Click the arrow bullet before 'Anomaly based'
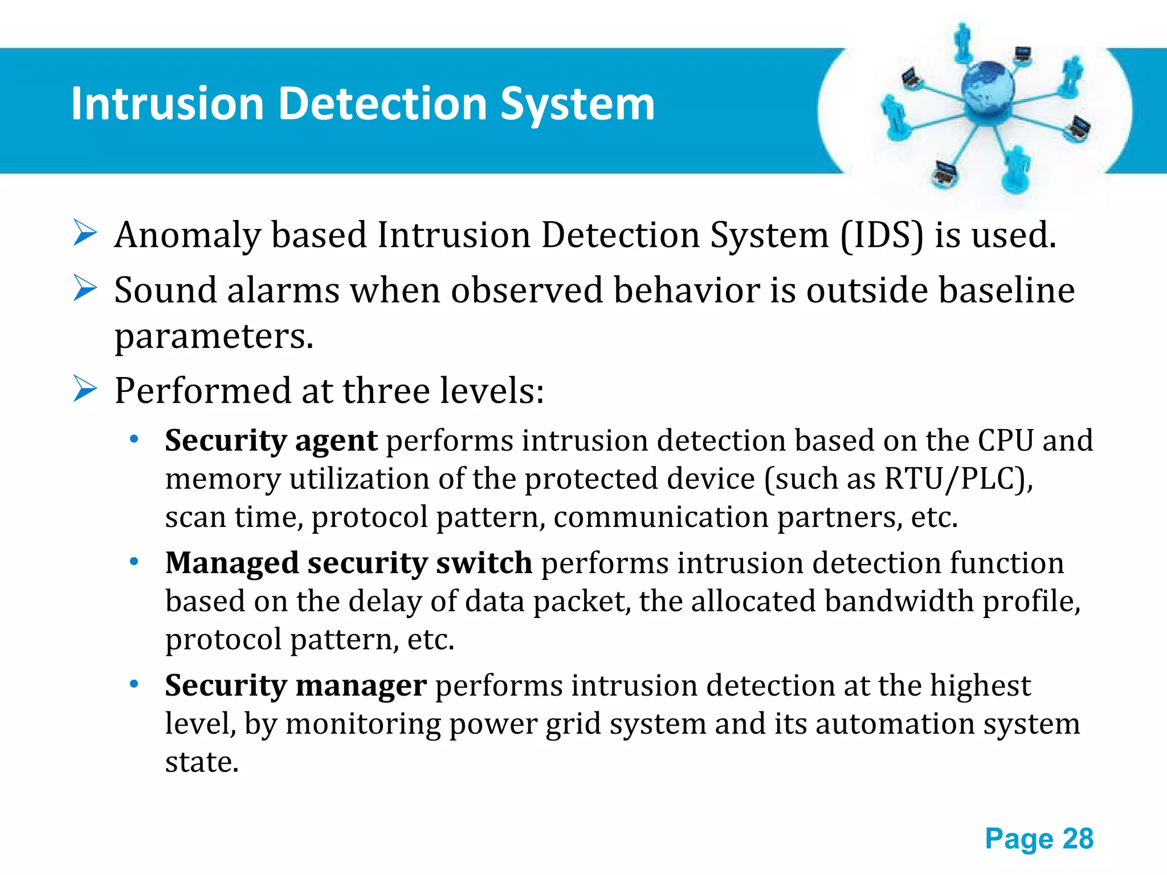coord(85,234)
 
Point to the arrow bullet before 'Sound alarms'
coord(85,288)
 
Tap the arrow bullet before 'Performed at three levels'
coord(85,390)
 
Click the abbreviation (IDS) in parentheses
coord(882,235)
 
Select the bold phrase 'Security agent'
coord(271,441)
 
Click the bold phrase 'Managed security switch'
coord(348,563)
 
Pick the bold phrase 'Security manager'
coord(296,685)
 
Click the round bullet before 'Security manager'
coord(134,684)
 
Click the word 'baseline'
coord(1006,290)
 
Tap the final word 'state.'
coord(202,762)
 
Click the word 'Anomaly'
coord(187,236)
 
